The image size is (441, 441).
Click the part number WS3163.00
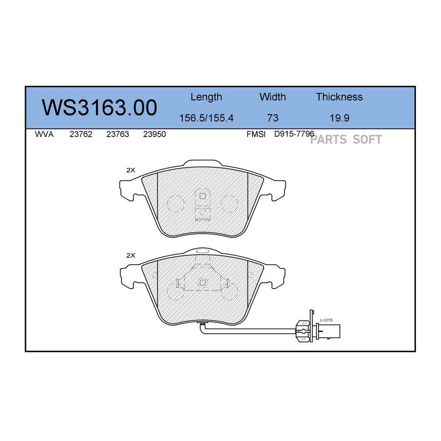(x=99, y=108)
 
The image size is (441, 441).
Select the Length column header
(x=206, y=97)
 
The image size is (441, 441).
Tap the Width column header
(x=272, y=97)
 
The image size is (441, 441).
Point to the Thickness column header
(x=339, y=97)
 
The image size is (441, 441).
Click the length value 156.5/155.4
(x=206, y=118)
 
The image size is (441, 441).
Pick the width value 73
(x=272, y=118)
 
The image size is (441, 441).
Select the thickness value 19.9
(x=340, y=118)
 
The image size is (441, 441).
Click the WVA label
(x=44, y=134)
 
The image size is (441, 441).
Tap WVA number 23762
(x=81, y=134)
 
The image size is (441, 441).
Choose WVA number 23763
(x=118, y=134)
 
